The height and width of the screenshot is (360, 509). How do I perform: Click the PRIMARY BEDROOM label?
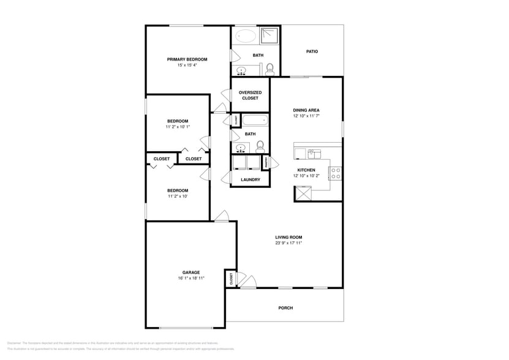[187, 59]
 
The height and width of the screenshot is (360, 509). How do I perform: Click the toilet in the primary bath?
[270, 69]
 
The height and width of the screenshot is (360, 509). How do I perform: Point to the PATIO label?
[312, 51]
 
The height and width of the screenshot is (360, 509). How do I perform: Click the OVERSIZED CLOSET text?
[250, 95]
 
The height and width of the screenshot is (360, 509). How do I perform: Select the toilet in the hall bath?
[260, 146]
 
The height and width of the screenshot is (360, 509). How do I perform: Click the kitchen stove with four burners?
[336, 173]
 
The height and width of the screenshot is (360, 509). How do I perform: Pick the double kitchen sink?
[314, 152]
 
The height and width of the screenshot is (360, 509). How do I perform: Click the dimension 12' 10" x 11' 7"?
[306, 116]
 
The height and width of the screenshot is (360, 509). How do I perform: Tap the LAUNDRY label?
[250, 179]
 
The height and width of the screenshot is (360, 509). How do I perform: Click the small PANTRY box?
[265, 163]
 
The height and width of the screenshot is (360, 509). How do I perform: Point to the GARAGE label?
[190, 272]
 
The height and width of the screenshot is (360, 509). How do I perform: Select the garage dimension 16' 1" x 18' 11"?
[190, 278]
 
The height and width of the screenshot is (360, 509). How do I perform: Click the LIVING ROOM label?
[288, 237]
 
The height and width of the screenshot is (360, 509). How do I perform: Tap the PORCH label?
[285, 308]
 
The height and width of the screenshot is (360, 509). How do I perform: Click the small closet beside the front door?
[231, 279]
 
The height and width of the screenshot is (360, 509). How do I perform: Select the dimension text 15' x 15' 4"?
[187, 65]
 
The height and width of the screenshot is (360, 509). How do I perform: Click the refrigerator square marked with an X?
[303, 193]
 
